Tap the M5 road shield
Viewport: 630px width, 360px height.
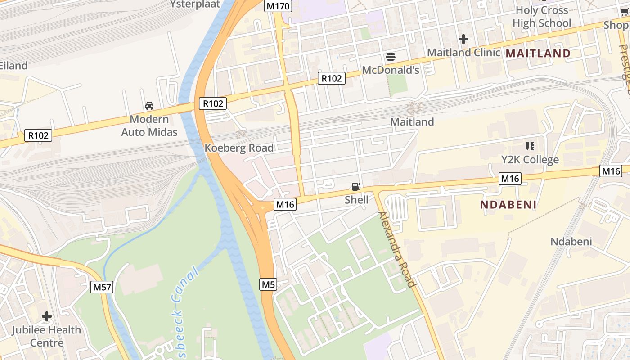(268, 284)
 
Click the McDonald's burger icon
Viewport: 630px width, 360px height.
(391, 57)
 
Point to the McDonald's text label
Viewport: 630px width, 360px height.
(391, 70)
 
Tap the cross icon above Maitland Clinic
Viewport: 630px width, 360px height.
(463, 40)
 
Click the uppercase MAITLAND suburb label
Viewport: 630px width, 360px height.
(538, 54)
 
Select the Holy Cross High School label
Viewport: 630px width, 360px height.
(542, 17)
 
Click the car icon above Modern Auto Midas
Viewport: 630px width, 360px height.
(149, 106)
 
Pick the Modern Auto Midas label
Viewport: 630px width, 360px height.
(149, 126)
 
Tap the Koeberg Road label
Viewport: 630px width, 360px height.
(239, 148)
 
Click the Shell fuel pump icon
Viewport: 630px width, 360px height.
(356, 187)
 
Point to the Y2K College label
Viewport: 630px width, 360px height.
(530, 160)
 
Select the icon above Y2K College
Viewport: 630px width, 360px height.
(530, 146)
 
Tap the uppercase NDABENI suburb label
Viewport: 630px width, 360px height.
(508, 205)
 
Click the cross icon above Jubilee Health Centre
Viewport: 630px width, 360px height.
(47, 316)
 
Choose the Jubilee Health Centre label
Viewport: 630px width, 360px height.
(47, 336)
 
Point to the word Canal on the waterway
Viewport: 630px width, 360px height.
(185, 283)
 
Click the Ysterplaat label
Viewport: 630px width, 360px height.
(195, 4)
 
